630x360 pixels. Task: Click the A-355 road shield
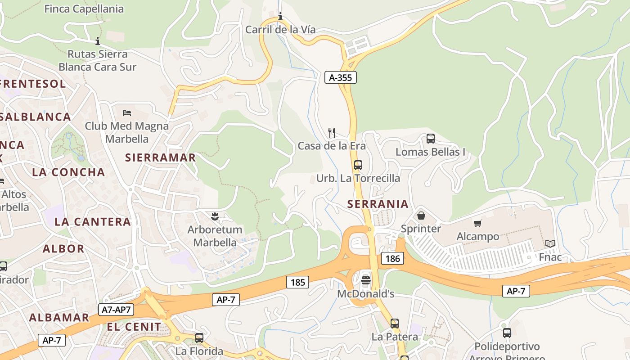(x=340, y=77)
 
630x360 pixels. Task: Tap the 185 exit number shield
(x=297, y=282)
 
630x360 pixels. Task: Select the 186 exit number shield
(x=392, y=258)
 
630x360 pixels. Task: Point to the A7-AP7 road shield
(x=116, y=310)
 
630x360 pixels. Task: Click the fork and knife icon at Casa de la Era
(x=332, y=132)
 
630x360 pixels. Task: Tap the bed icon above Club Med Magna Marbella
(x=127, y=112)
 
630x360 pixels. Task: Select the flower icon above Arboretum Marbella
(x=215, y=216)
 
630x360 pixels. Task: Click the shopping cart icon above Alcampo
(x=477, y=223)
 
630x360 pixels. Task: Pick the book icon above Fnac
(x=550, y=243)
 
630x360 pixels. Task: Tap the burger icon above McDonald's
(x=366, y=280)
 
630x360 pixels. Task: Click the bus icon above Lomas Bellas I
(x=430, y=139)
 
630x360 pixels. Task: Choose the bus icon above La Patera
(x=394, y=323)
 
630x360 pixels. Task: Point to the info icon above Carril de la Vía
(x=280, y=17)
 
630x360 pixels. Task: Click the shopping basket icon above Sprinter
(x=421, y=216)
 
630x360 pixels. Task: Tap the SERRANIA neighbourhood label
(x=378, y=204)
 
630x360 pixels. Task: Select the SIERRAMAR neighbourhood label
(x=160, y=157)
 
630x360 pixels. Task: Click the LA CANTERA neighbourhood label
(x=92, y=221)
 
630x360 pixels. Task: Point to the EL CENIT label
(x=134, y=326)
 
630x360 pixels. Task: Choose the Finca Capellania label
(x=84, y=9)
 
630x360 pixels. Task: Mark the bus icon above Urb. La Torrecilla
(x=358, y=165)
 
